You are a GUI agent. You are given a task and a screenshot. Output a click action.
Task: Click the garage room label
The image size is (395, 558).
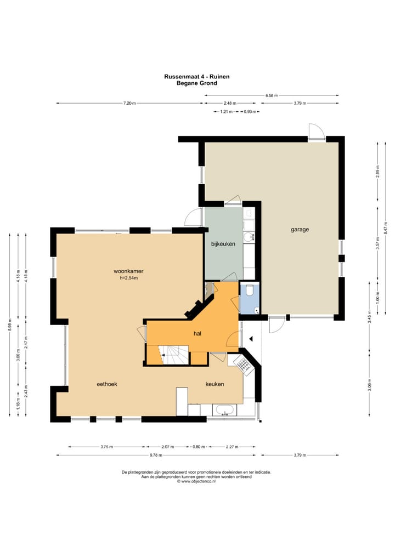point(300,230)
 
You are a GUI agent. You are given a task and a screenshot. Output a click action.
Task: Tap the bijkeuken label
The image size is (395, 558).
point(223,244)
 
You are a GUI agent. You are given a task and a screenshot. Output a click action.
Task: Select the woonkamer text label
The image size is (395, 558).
point(128,271)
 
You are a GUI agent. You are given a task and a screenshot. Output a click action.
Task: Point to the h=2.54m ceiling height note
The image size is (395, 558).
point(128,278)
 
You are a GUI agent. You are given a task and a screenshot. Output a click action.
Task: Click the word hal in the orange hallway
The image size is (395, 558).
point(198,333)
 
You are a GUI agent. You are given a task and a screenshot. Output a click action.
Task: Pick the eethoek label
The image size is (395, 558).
point(107,384)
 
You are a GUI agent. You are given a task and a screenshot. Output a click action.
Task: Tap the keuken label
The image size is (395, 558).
point(215,384)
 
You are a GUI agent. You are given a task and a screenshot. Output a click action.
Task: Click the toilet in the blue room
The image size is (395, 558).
point(249,289)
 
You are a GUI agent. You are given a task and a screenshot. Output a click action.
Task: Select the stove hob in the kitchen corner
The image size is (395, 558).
point(242,365)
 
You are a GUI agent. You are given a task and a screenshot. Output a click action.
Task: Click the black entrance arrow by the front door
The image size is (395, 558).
point(251,339)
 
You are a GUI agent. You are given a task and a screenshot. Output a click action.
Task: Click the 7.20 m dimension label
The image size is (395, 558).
point(129,103)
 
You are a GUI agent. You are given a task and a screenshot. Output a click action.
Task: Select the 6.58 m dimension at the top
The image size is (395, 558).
point(272,95)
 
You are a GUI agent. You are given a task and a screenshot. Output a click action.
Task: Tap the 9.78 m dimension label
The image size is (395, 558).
point(156,455)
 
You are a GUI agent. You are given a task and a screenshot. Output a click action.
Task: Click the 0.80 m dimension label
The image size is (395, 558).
point(199,447)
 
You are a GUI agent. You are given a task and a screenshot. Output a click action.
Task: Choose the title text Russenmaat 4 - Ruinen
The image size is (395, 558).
point(196,77)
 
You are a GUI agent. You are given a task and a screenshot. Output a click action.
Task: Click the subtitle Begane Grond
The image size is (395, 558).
point(196,83)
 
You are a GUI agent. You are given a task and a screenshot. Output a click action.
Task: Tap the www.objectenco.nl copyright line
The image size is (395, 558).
point(196,481)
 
